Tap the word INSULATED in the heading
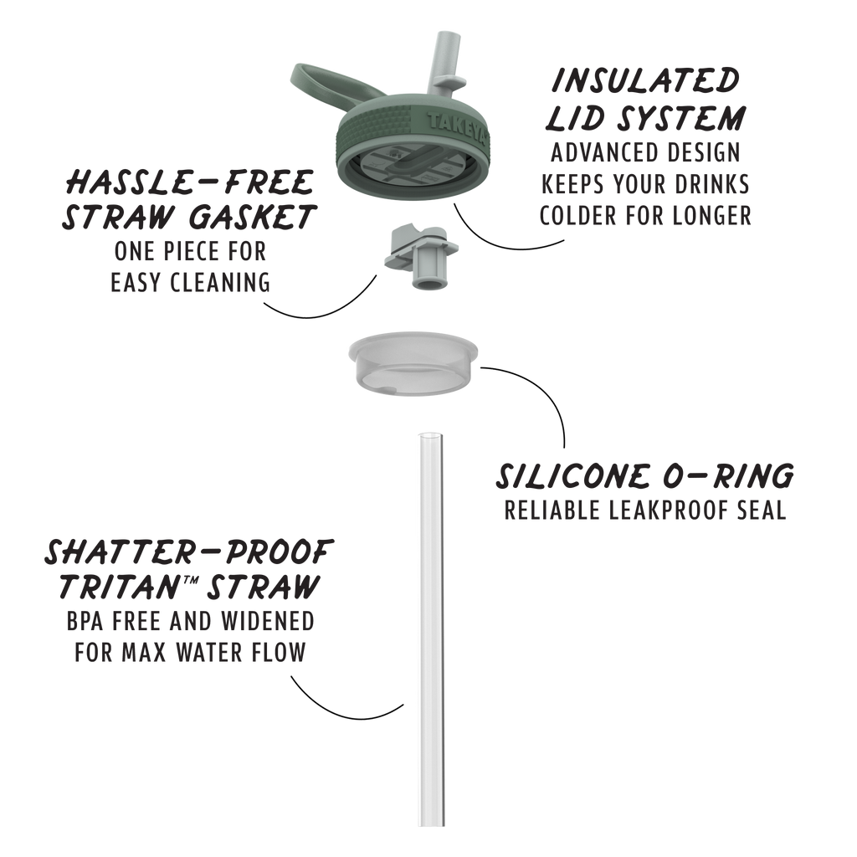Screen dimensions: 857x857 pyautogui.click(x=646, y=80)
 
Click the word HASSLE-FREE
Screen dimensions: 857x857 pyautogui.click(x=189, y=182)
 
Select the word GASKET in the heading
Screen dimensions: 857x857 pyautogui.click(x=253, y=217)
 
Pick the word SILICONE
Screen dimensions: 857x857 pyautogui.click(x=572, y=476)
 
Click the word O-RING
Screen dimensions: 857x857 pyautogui.click(x=729, y=476)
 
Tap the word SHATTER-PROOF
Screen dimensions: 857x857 pyautogui.click(x=189, y=552)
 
